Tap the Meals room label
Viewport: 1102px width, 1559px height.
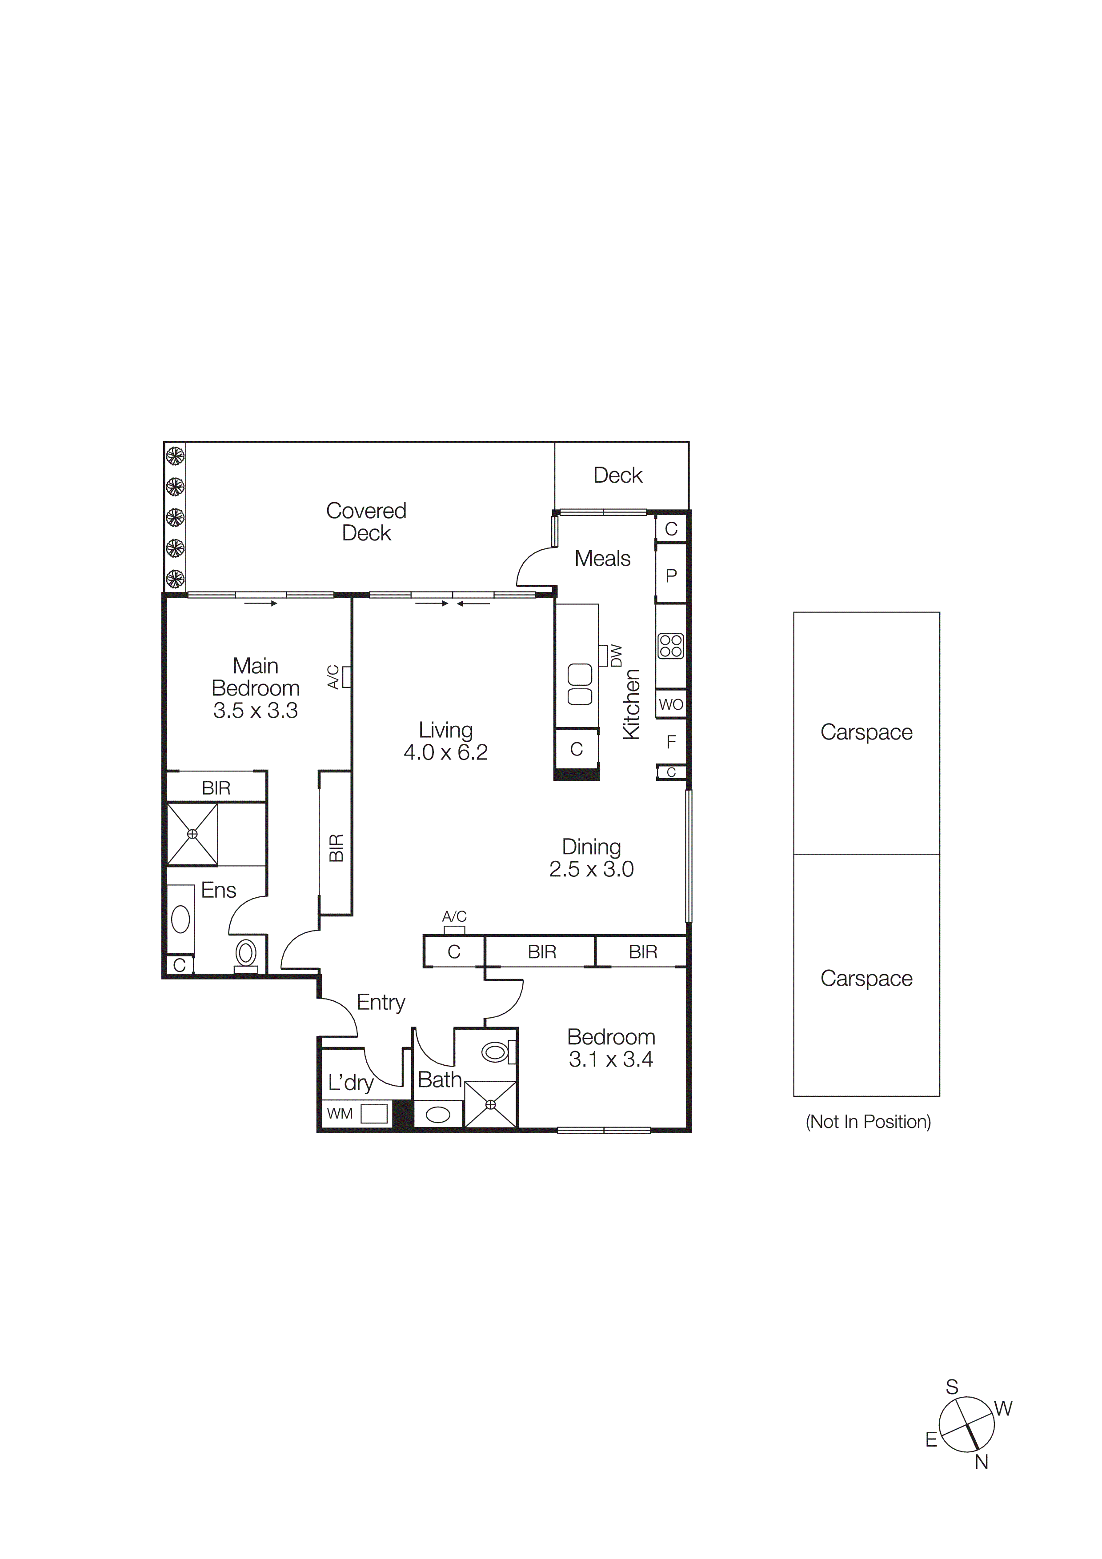point(602,558)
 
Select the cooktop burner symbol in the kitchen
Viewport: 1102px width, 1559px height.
point(671,646)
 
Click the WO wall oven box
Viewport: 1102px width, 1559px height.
point(671,704)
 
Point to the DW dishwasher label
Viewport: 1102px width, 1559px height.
point(616,656)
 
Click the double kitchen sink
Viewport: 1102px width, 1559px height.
point(580,684)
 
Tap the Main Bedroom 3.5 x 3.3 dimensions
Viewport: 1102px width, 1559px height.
point(255,710)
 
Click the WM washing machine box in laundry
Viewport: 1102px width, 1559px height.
point(373,1114)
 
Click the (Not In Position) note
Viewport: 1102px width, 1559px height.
point(868,1122)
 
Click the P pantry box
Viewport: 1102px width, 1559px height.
point(671,576)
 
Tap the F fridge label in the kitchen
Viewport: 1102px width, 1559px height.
point(671,742)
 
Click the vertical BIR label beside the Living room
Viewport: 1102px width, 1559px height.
point(336,847)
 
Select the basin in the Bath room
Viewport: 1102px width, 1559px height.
point(438,1114)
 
